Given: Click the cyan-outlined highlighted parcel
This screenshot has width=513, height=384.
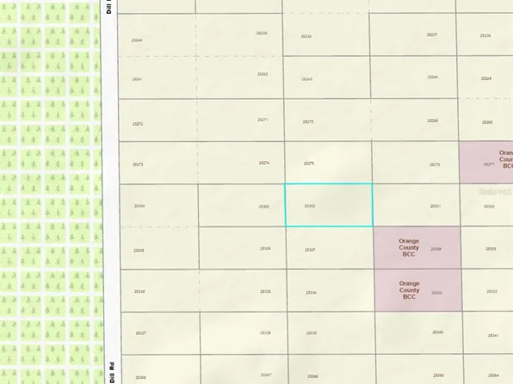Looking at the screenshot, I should [328, 205].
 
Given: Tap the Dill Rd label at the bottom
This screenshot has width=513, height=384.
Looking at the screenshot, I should [112, 372].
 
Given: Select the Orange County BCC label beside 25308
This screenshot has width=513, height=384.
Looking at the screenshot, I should [409, 248].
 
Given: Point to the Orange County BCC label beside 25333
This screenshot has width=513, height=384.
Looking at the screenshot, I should [409, 290].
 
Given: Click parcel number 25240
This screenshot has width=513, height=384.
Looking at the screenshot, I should [138, 40].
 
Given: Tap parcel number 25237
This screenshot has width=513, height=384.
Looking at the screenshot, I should [432, 34].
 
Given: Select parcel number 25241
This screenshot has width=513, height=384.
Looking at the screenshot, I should [138, 79].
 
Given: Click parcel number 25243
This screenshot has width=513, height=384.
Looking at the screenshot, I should [307, 79].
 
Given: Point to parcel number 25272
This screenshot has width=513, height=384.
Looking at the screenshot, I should [138, 123].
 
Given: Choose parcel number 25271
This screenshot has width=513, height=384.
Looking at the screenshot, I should [263, 120].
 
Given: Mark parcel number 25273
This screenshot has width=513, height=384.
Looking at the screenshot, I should [138, 164].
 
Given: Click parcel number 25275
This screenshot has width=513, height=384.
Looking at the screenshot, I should [309, 164].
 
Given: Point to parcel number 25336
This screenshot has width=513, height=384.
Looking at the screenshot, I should [139, 292].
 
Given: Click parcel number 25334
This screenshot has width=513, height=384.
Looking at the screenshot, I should [311, 292].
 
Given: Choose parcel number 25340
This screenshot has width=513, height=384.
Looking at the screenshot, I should [437, 332].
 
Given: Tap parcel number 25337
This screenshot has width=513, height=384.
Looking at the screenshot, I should [140, 332].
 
